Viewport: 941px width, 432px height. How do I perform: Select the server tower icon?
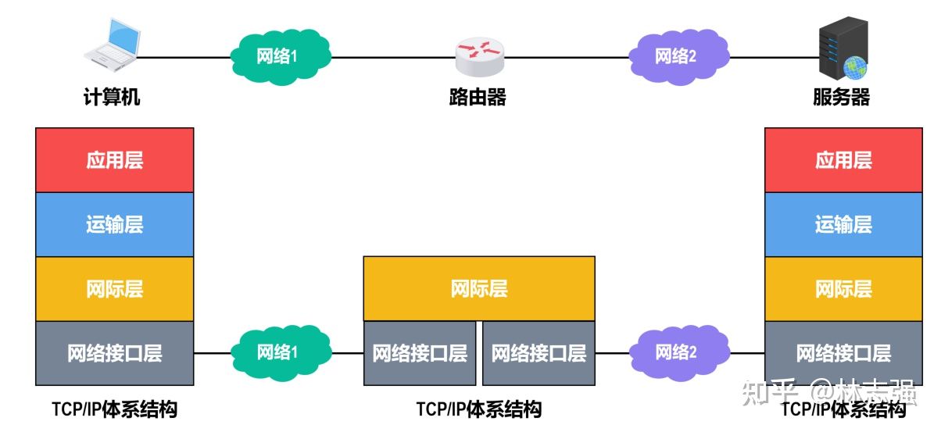click(841, 52)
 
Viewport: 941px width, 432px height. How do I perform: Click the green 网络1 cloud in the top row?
click(278, 56)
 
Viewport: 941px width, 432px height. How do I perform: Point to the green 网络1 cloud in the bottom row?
click(278, 352)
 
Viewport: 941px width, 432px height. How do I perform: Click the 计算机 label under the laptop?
click(113, 98)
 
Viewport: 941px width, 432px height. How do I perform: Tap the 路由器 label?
click(478, 98)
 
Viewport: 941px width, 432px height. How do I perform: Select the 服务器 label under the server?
click(842, 98)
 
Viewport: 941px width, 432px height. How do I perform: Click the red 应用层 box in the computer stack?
click(114, 160)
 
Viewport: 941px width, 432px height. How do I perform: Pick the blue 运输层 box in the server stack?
click(843, 225)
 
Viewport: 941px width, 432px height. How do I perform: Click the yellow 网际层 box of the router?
click(478, 288)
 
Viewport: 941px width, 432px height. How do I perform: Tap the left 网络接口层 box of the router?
click(420, 353)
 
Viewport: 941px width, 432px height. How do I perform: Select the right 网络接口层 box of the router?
click(538, 353)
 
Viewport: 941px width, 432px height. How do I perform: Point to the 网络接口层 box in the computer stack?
click(114, 353)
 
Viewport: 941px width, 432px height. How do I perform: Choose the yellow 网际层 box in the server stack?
click(843, 289)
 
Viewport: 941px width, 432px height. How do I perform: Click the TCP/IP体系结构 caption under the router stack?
click(478, 409)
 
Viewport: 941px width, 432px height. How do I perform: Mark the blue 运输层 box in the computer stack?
click(114, 225)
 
